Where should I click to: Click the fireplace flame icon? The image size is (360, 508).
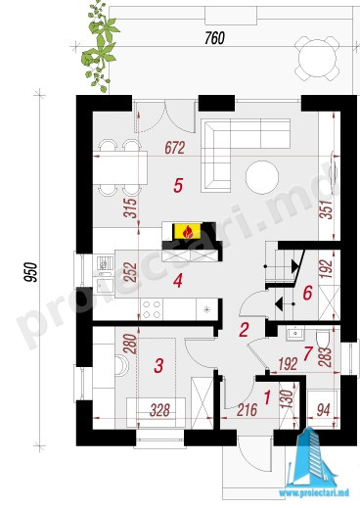click(x=187, y=232)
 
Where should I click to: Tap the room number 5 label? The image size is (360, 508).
click(x=178, y=186)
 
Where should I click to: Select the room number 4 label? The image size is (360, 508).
click(x=178, y=281)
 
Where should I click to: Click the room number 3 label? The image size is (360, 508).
click(x=158, y=365)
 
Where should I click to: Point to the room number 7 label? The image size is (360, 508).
click(x=307, y=354)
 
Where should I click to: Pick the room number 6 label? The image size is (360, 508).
click(x=307, y=293)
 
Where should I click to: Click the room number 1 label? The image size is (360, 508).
click(x=267, y=397)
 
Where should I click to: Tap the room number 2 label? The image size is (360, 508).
click(x=244, y=330)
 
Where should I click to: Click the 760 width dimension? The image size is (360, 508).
click(x=215, y=38)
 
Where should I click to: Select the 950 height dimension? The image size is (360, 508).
click(x=33, y=271)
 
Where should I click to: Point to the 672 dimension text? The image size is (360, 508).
click(x=175, y=148)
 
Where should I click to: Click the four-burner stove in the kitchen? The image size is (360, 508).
click(x=152, y=309)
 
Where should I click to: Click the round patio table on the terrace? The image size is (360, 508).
click(x=317, y=59)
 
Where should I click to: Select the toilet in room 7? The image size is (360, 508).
click(x=323, y=340)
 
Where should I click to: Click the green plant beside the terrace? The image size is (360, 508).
click(x=100, y=47)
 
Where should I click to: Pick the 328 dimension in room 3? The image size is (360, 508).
click(x=160, y=410)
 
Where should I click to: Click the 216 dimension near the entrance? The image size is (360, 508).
click(x=247, y=410)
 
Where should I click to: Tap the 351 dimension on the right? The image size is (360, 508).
click(x=328, y=209)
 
